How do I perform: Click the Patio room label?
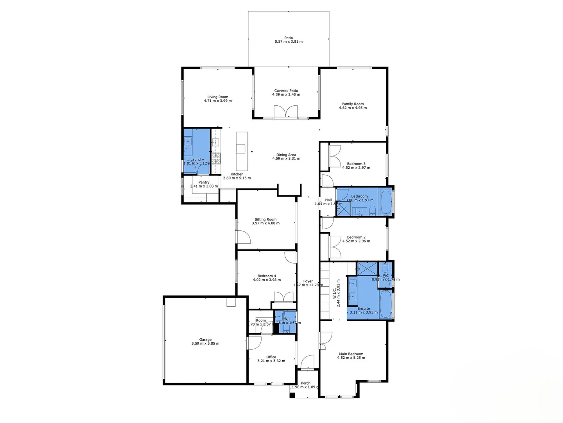click(x=289, y=38)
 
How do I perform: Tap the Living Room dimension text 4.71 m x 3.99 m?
click(x=218, y=101)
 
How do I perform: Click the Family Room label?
click(x=353, y=104)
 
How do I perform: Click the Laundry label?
click(x=197, y=159)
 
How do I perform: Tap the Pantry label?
click(x=204, y=182)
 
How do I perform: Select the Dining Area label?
click(x=286, y=155)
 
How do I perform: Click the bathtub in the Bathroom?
click(x=386, y=202)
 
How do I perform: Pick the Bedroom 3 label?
click(x=356, y=164)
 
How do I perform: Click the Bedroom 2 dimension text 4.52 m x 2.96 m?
click(x=356, y=241)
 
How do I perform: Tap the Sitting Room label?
click(x=265, y=219)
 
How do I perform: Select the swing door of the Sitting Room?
click(x=244, y=237)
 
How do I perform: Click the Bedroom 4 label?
click(x=267, y=276)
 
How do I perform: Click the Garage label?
click(x=205, y=340)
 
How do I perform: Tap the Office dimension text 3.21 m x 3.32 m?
click(x=271, y=361)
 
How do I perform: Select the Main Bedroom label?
click(x=351, y=354)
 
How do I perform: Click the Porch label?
click(x=305, y=383)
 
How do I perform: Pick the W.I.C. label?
click(x=334, y=294)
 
